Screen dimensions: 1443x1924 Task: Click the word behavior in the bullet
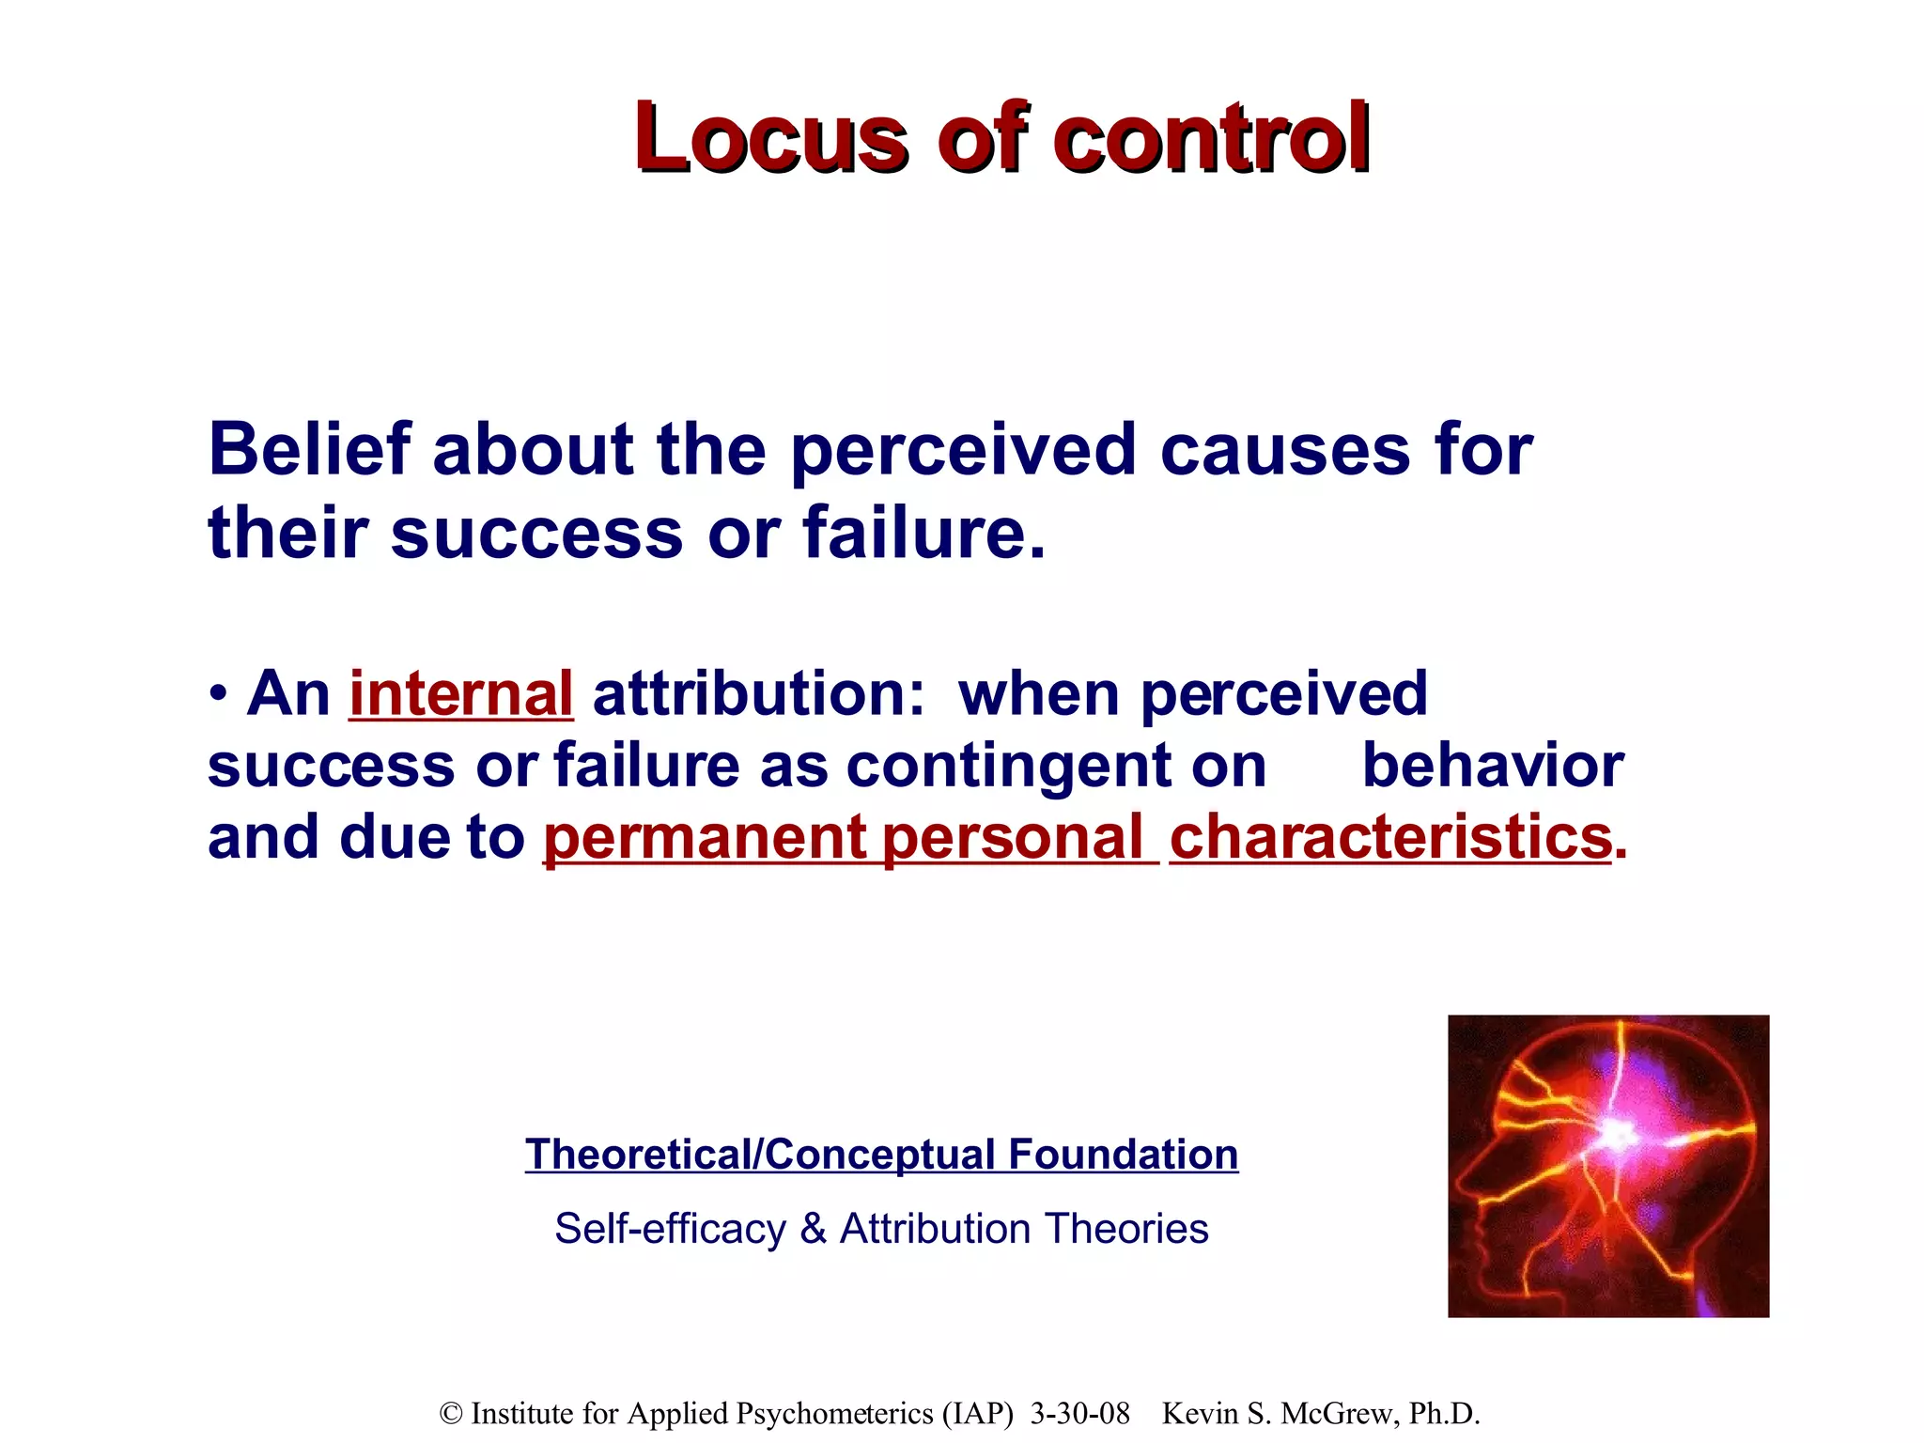tap(1492, 765)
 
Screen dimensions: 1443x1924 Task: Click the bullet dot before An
tap(218, 695)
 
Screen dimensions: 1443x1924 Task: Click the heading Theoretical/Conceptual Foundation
tap(881, 1154)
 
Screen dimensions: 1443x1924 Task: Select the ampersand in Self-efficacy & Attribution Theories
tap(813, 1229)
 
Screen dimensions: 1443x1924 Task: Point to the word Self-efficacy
tap(670, 1229)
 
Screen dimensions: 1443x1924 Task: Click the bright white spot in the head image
tap(1618, 1135)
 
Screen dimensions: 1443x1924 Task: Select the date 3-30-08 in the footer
tap(1079, 1413)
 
